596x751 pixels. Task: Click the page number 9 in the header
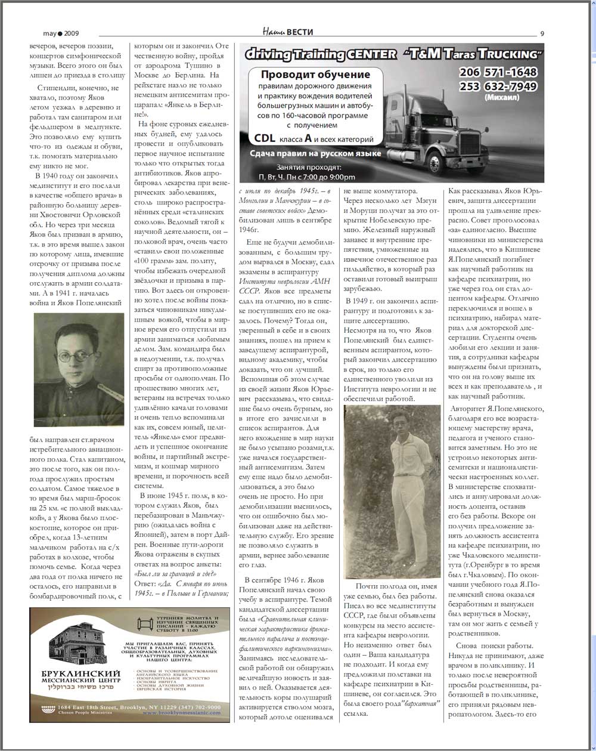542,33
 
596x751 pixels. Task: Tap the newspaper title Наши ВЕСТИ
288,32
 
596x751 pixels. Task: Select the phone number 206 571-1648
498,73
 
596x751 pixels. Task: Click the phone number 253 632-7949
498,86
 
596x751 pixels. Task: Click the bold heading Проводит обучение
315,75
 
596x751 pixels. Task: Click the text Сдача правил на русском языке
316,154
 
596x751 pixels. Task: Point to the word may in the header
49,33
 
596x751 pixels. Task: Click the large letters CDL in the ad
265,138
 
